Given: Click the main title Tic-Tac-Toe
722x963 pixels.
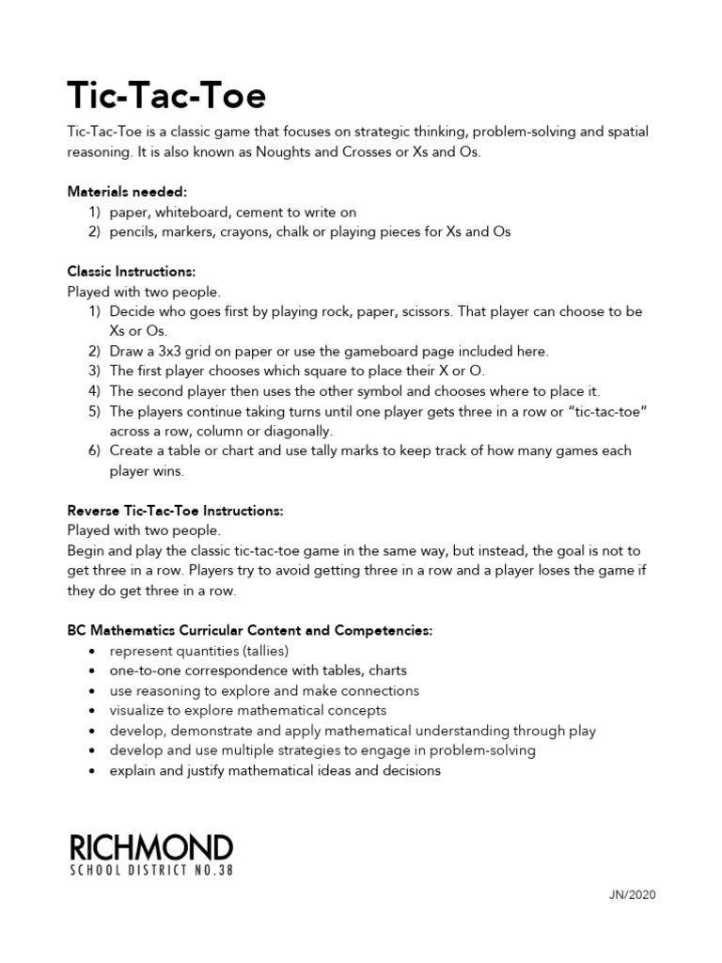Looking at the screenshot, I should (x=167, y=94).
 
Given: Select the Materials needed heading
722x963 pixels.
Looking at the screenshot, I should (x=127, y=192).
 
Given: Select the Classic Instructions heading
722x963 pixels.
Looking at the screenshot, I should (x=131, y=272).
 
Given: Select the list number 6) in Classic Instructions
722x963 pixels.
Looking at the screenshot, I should (x=94, y=450).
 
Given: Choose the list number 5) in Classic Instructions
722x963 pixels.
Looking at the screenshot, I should (x=94, y=411).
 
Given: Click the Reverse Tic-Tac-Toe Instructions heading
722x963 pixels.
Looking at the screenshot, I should (x=175, y=511).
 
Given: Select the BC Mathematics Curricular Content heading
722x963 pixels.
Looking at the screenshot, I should (x=249, y=630).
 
